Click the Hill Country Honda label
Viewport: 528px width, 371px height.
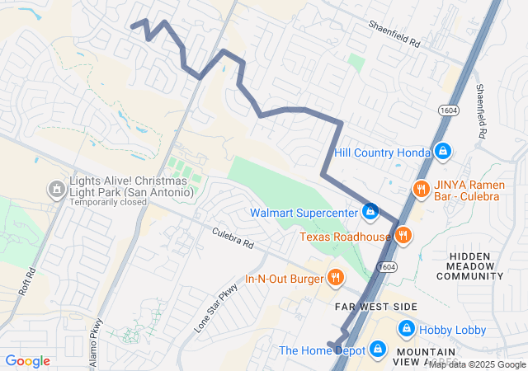pyautogui.click(x=383, y=153)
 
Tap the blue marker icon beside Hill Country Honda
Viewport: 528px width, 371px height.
pyautogui.click(x=443, y=152)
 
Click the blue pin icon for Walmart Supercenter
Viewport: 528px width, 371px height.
pyautogui.click(x=370, y=212)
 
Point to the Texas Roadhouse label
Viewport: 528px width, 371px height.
pyautogui.click(x=345, y=237)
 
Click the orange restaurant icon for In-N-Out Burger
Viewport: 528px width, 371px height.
pyautogui.click(x=335, y=278)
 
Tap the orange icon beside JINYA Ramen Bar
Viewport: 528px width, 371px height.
pyautogui.click(x=421, y=189)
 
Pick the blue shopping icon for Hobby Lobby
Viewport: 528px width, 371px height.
pyautogui.click(x=406, y=329)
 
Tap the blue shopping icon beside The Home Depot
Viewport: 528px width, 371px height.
pyautogui.click(x=378, y=350)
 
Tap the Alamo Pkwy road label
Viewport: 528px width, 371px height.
pyautogui.click(x=97, y=342)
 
